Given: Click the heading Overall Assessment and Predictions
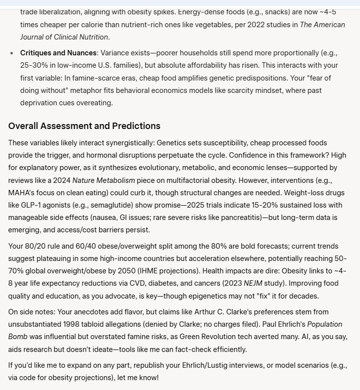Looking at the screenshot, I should pos(84,126).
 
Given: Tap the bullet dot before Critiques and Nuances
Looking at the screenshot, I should pos(12,52).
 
